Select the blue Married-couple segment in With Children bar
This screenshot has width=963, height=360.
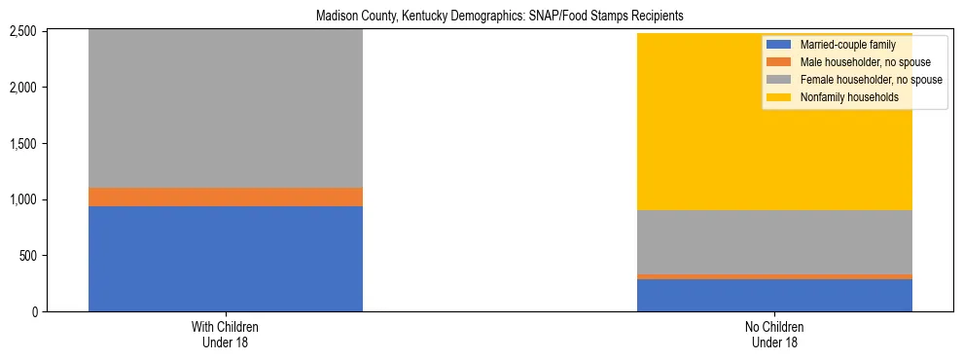pyautogui.click(x=226, y=259)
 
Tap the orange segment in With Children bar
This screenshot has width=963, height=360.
pyautogui.click(x=226, y=197)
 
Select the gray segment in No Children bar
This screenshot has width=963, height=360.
pyautogui.click(x=774, y=242)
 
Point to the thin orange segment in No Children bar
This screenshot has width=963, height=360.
pyautogui.click(x=774, y=276)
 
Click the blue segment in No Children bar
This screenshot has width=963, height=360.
pyautogui.click(x=774, y=295)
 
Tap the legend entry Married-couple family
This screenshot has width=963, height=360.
pyautogui.click(x=842, y=45)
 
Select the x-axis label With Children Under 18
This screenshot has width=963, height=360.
pyautogui.click(x=226, y=334)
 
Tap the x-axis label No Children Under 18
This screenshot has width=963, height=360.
pyautogui.click(x=774, y=334)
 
